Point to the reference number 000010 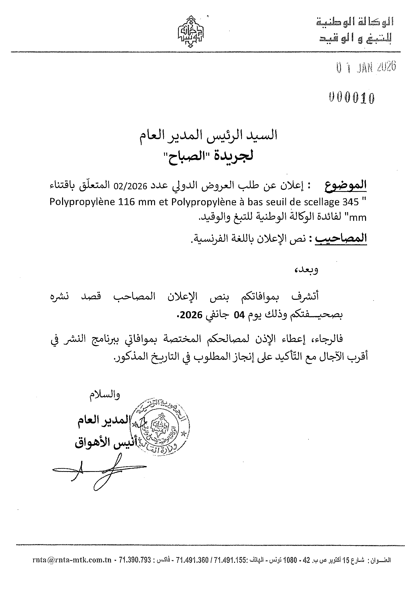pos(352,98)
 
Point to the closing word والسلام pos(105,395)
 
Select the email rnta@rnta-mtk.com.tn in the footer pos(72,560)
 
